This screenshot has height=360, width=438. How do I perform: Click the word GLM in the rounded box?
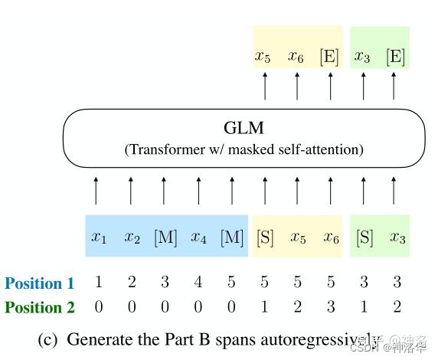pos(244,128)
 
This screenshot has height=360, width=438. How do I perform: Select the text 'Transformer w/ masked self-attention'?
pos(244,149)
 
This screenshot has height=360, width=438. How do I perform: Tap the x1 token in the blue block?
pos(99,237)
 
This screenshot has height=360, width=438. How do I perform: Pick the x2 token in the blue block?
pos(132,237)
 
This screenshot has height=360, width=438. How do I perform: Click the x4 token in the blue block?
pos(198,237)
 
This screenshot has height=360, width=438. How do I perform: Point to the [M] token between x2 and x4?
pos(165,237)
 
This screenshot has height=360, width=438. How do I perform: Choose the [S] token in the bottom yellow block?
pos(264,237)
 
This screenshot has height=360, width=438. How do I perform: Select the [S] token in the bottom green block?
pos(364,237)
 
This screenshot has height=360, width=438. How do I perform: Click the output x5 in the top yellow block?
pos(263,56)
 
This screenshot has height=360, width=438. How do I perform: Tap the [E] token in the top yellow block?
pos(329,56)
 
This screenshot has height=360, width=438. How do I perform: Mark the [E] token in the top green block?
pos(395,56)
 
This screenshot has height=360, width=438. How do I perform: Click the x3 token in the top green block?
pos(362,56)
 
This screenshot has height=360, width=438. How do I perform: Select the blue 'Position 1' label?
pos(40,283)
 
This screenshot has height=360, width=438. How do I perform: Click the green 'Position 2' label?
pos(40,307)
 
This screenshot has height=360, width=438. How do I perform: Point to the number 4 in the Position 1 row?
pos(198,283)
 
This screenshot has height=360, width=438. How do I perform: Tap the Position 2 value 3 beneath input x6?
pos(331,307)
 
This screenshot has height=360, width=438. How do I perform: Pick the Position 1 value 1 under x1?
pos(99,283)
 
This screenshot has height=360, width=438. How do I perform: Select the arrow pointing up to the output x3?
pos(363,87)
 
